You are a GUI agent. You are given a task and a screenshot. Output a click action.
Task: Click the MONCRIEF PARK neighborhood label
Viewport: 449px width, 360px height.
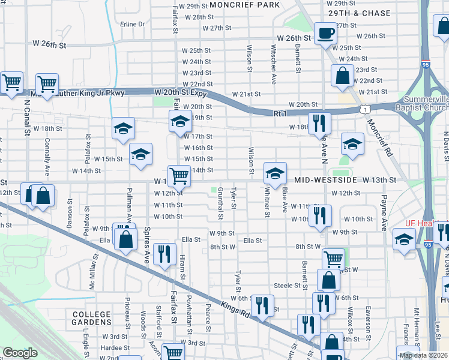click(244, 5)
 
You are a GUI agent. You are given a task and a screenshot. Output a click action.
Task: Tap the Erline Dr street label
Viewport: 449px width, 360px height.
click(133, 25)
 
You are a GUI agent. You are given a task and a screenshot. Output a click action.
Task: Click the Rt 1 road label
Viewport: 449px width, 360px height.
click(280, 113)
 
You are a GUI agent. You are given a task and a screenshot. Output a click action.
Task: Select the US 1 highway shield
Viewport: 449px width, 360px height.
click(365, 109)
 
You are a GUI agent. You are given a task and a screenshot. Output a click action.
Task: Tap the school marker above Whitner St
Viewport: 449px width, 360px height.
click(275, 174)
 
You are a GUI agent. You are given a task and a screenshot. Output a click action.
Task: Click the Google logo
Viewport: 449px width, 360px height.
click(20, 353)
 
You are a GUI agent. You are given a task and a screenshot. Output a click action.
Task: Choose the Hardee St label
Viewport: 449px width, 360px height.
click(111, 347)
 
